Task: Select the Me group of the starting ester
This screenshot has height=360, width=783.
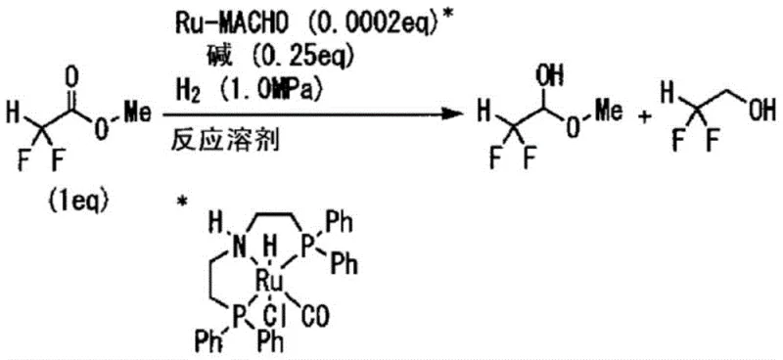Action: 137,113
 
